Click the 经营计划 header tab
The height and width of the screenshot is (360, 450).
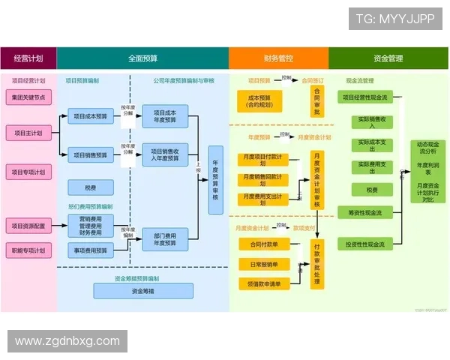[28, 58]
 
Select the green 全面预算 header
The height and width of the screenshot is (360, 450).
[142, 58]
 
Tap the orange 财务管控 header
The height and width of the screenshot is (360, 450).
[278, 58]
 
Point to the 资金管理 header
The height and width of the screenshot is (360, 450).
[388, 58]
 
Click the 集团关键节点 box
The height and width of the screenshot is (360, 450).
[28, 97]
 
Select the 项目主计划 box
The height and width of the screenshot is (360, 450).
[28, 133]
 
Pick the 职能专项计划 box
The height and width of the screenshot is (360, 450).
[28, 250]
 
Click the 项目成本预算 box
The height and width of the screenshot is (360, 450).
[91, 115]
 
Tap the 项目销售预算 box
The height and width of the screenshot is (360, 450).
[91, 155]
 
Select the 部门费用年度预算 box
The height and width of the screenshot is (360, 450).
[165, 238]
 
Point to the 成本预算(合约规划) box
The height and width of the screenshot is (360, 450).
[259, 101]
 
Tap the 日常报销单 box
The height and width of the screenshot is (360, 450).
[259, 264]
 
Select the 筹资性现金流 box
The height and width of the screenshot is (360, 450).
[365, 213]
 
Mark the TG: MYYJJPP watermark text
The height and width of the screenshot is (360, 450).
[394, 19]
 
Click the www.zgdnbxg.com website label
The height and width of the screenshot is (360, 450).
[67, 341]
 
